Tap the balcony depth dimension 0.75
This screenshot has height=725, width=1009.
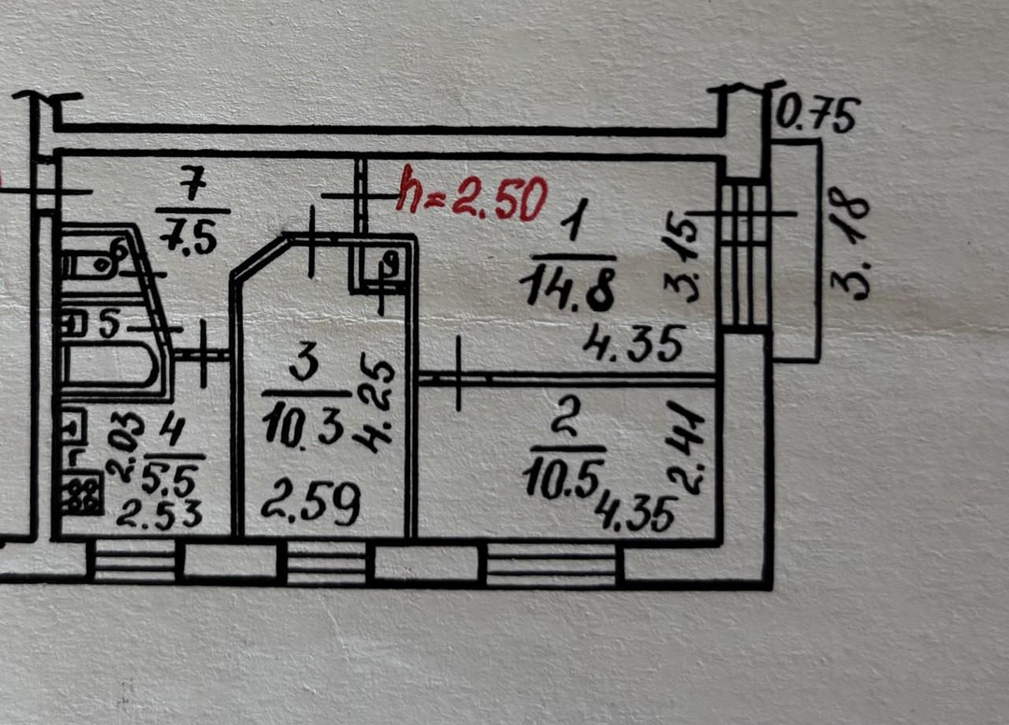tap(817, 117)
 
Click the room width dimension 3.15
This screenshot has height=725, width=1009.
tap(687, 256)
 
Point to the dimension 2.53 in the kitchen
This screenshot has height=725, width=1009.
tap(164, 515)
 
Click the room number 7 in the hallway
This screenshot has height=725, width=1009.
tap(192, 187)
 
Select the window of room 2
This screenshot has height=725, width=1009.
tap(551, 565)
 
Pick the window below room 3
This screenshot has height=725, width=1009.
tap(326, 565)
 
